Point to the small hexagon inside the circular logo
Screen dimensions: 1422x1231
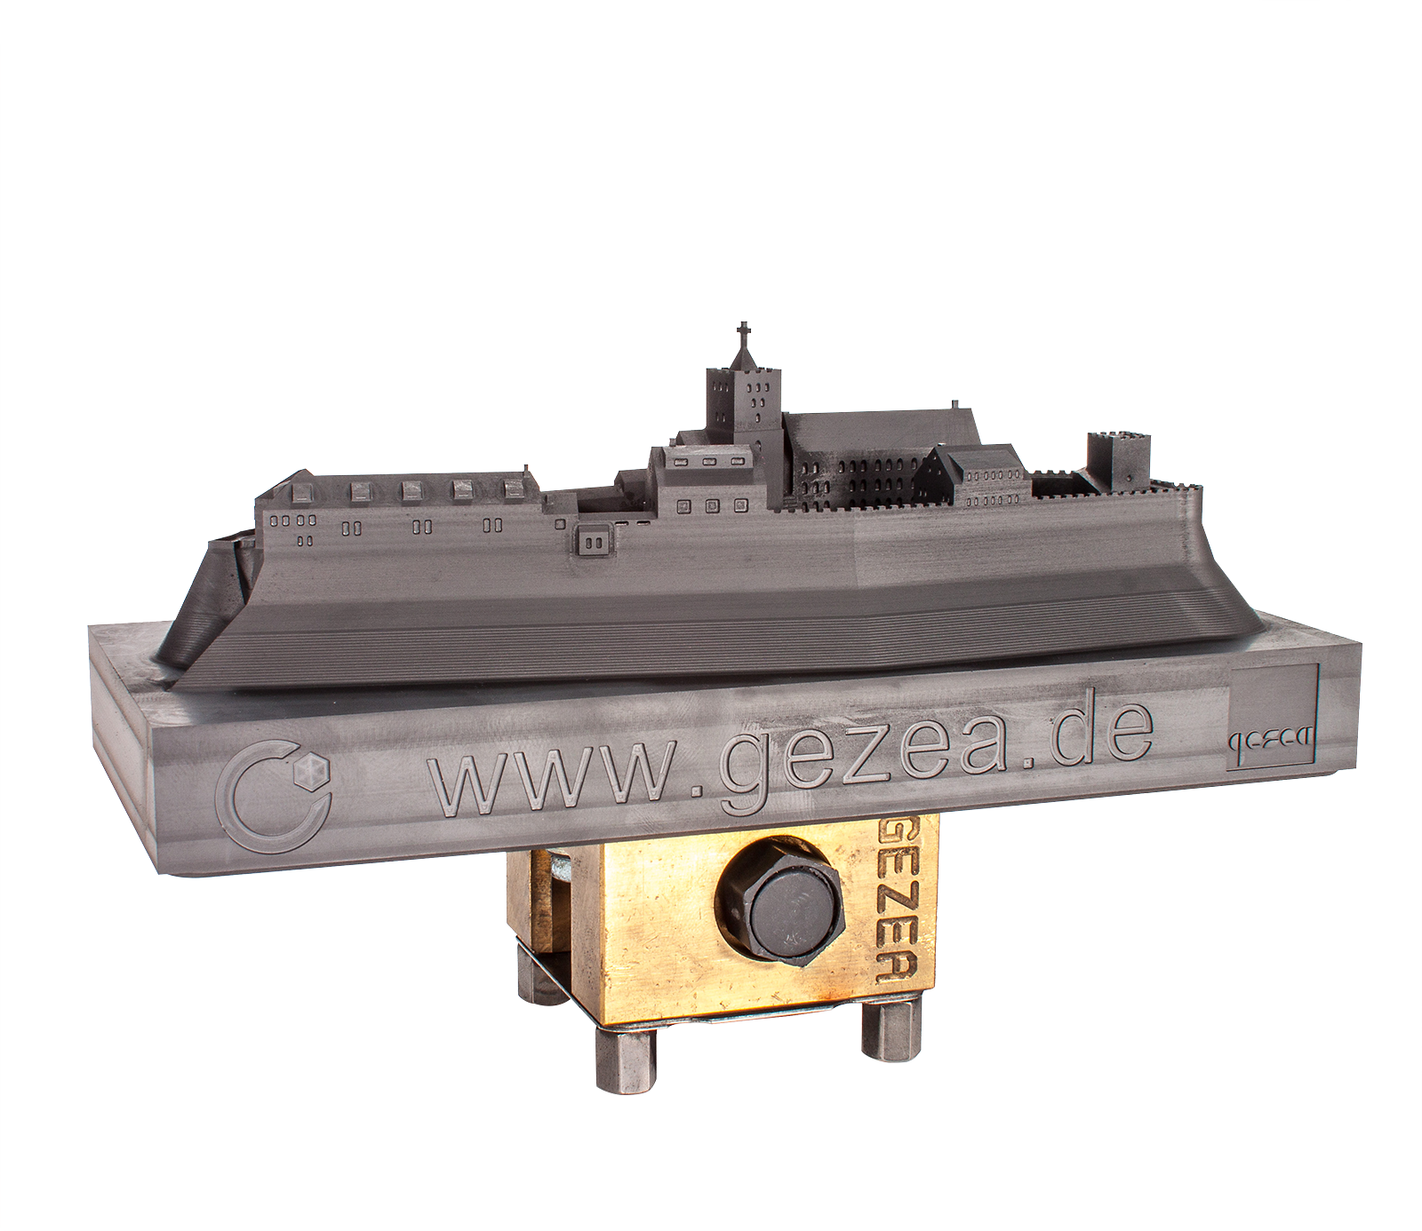point(310,773)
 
